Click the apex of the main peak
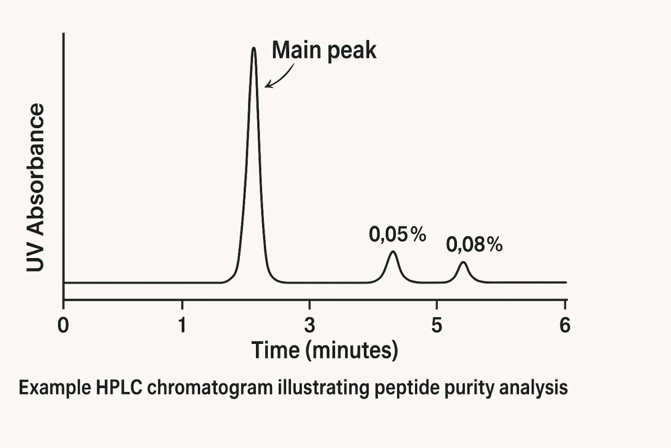coord(254,49)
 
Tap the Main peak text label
coord(324,51)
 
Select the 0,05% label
coord(397,235)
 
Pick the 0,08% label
coord(474,245)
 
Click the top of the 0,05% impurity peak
coord(393,252)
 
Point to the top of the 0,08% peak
coord(462,262)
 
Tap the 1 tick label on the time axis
coord(182,325)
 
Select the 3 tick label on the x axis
coord(309,325)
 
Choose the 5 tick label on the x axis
coord(437,325)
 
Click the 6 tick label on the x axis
coord(565,325)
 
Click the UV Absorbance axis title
coord(36,188)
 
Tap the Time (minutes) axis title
coord(324,351)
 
